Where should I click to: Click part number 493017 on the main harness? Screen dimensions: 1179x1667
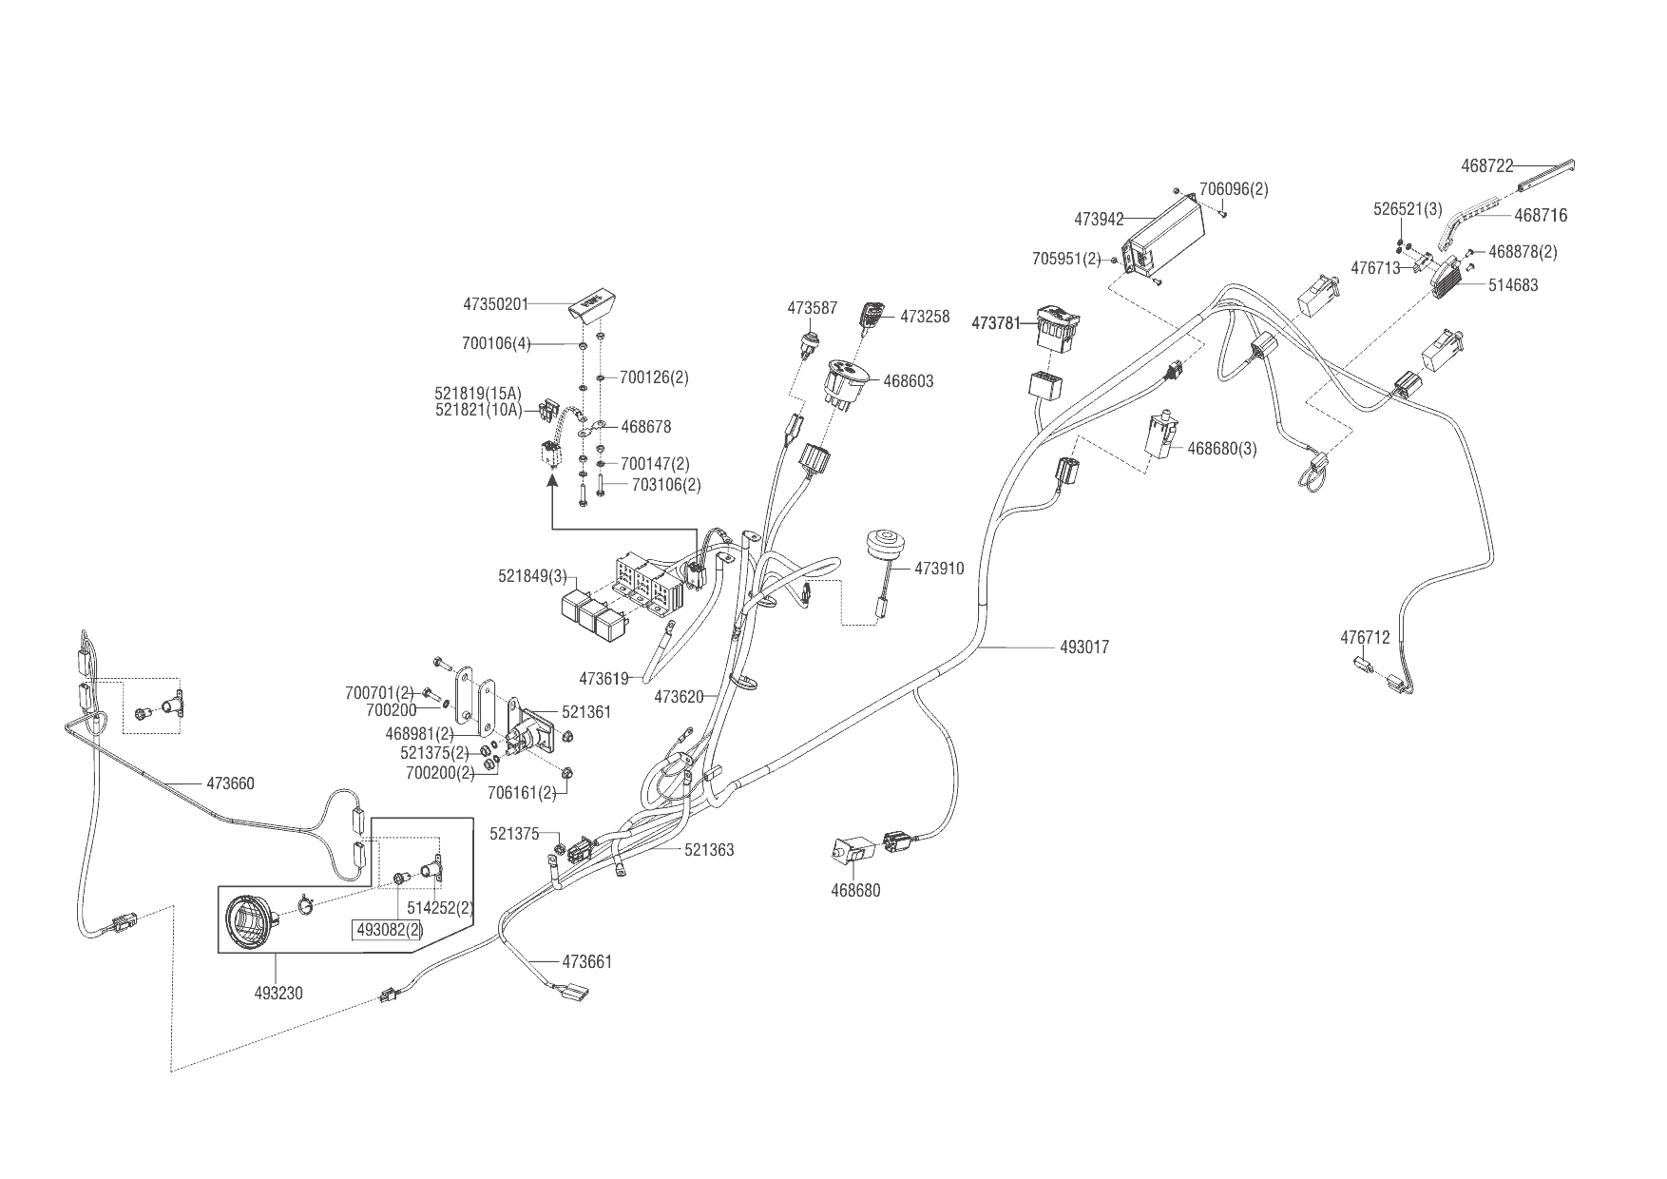pos(1084,647)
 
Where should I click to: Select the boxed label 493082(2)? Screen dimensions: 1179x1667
pos(389,930)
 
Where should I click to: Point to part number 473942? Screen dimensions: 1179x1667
pos(1099,219)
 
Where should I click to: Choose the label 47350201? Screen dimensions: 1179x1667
pos(495,304)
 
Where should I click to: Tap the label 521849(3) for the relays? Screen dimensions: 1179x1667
pos(532,576)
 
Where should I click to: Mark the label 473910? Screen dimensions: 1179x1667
pos(939,569)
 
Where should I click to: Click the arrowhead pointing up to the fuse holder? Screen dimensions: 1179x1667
pos(551,482)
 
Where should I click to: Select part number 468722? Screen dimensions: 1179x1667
pos(1486,166)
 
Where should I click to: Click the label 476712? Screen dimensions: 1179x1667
pos(1365,638)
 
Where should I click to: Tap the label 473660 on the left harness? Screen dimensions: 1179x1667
pos(230,783)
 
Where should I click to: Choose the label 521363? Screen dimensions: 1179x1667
pos(709,850)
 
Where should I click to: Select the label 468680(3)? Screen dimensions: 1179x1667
pos(1221,449)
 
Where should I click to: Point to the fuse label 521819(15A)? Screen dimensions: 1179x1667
pos(478,393)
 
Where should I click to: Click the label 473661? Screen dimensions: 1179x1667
pos(587,961)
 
